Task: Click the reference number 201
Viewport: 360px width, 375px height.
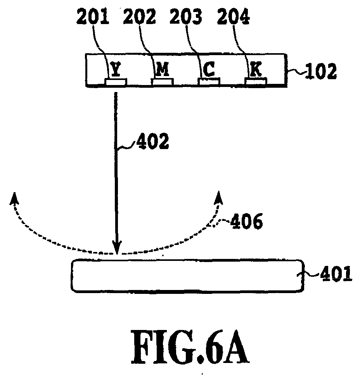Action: pos(92,17)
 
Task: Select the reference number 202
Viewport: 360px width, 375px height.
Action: pos(139,17)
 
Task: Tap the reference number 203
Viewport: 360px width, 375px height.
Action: pos(186,17)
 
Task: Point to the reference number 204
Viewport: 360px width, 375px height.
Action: pos(233,17)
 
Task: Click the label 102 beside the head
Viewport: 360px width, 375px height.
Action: pos(321,71)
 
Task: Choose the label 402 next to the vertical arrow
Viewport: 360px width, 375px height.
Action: pos(152,141)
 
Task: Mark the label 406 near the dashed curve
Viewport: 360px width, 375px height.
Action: pos(246,221)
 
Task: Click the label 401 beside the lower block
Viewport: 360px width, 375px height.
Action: pos(336,273)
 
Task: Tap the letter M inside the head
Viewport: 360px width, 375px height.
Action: pos(163,69)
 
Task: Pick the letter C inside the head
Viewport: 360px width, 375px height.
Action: pos(209,69)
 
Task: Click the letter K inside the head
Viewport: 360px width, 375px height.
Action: pos(256,69)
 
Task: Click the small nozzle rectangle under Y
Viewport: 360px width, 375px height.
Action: pos(116,82)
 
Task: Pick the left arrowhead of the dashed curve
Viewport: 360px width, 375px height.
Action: pos(14,198)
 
